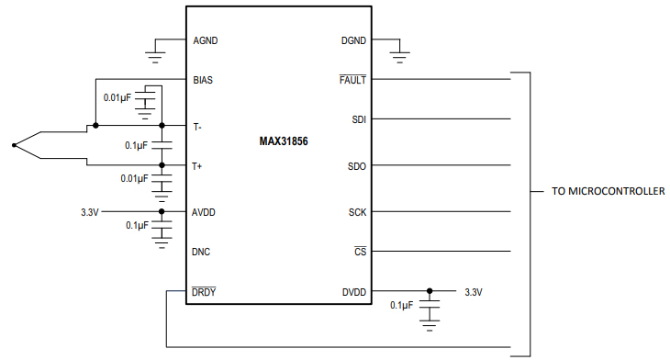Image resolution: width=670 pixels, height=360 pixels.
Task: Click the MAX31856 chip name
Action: [x=285, y=143]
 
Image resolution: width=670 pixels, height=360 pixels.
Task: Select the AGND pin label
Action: [x=206, y=40]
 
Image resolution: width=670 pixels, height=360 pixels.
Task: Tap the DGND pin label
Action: [x=352, y=40]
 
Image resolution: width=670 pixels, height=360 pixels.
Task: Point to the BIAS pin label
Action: [x=204, y=80]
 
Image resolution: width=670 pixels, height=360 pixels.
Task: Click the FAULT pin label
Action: [x=352, y=80]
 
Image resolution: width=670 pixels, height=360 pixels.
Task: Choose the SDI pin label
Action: [x=358, y=119]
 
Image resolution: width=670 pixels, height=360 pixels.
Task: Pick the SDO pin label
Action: [x=357, y=165]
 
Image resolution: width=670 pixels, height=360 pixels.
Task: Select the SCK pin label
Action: [x=357, y=211]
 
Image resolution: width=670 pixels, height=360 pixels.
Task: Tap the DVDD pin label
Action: [x=352, y=292]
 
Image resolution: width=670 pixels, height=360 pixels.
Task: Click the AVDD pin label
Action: [x=205, y=211]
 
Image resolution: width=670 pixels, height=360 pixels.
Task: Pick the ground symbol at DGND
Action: [x=398, y=58]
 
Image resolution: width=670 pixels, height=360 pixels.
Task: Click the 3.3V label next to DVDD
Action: [x=474, y=292]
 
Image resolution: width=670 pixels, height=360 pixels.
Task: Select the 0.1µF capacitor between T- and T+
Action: [x=162, y=145]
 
